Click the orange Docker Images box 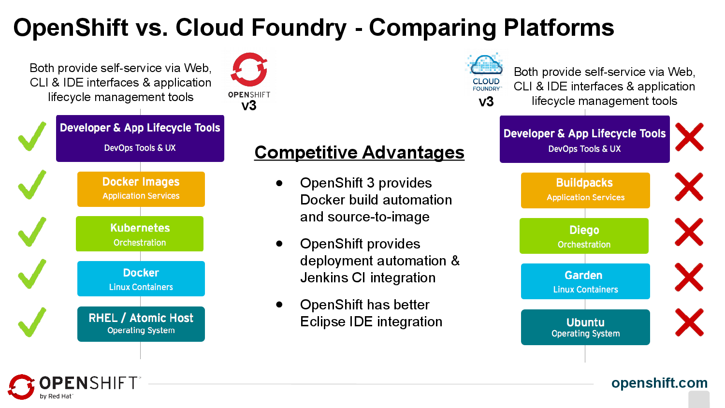[x=141, y=189]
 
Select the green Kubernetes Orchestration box [x=140, y=234]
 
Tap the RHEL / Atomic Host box [x=141, y=324]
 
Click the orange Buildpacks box [x=585, y=190]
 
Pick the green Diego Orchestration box [x=584, y=236]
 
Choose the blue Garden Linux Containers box [x=585, y=281]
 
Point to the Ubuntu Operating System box [x=585, y=327]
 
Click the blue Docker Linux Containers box [x=141, y=279]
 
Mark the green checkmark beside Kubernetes [x=32, y=232]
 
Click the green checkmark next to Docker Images [x=32, y=185]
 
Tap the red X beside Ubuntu [x=689, y=322]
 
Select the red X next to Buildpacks [x=689, y=187]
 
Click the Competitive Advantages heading [x=359, y=152]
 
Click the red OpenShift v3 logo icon [x=249, y=70]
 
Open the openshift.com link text [x=659, y=383]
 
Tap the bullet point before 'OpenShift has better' [x=279, y=305]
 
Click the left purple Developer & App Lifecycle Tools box [x=140, y=138]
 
